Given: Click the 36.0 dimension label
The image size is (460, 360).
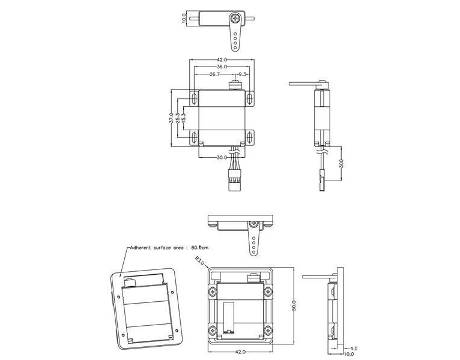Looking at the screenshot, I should pyautogui.click(x=222, y=67).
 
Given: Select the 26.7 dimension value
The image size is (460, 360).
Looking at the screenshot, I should pyautogui.click(x=214, y=74).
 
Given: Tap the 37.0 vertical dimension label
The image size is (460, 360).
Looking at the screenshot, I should pyautogui.click(x=171, y=118).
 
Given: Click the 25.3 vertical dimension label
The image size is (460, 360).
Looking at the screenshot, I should pyautogui.click(x=178, y=118).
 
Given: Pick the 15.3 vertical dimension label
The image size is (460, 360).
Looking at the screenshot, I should pyautogui.click(x=184, y=118).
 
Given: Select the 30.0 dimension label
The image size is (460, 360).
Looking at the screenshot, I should pyautogui.click(x=222, y=157).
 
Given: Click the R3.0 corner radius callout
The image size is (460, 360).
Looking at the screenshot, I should pyautogui.click(x=200, y=261).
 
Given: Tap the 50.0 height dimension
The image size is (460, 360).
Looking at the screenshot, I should pyautogui.click(x=294, y=305).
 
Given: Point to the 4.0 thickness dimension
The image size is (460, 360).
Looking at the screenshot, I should pyautogui.click(x=354, y=347).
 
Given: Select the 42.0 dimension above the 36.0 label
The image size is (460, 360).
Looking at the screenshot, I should pyautogui.click(x=222, y=59).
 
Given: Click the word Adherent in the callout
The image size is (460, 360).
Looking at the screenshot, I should pyautogui.click(x=142, y=247).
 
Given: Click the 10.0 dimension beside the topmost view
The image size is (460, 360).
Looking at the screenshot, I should pyautogui.click(x=184, y=19).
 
